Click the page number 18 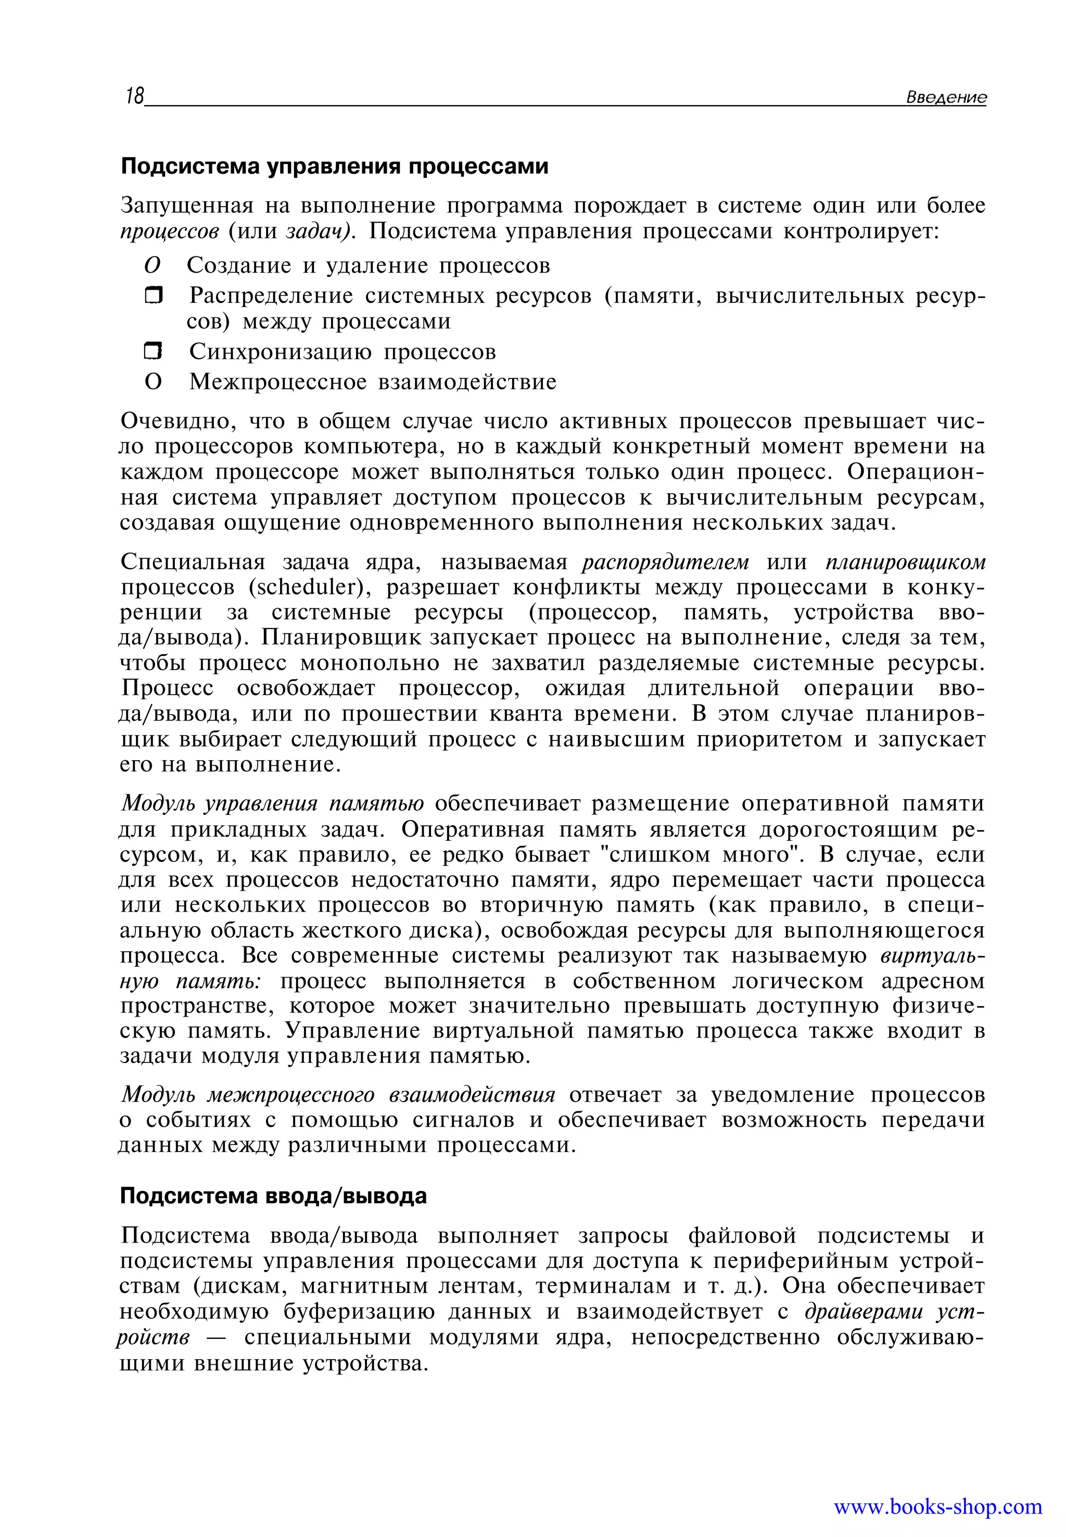134,96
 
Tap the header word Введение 945,97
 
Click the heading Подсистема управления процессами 334,166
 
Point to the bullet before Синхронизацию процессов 154,351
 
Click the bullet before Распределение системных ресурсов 154,295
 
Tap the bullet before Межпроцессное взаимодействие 153,382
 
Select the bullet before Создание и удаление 153,266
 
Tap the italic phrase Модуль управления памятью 273,804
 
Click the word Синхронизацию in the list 280,351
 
